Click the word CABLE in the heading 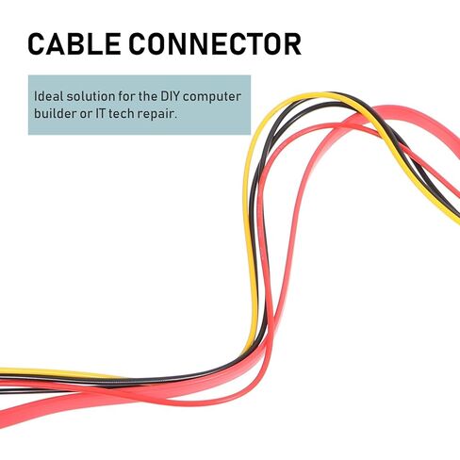tap(74, 44)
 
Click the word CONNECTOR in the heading tap(215, 44)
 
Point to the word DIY tap(171, 96)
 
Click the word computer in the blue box tap(212, 97)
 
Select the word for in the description tap(126, 96)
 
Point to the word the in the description tap(147, 96)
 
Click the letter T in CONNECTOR tap(255, 44)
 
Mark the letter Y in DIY tap(176, 96)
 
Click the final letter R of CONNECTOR tap(292, 44)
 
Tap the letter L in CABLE tap(96, 44)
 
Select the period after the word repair tap(175, 118)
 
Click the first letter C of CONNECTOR tap(138, 44)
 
